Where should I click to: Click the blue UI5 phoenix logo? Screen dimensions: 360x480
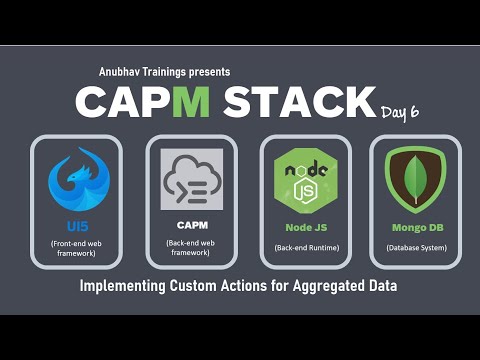coord(76,180)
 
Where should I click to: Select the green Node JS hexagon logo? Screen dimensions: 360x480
coord(306,181)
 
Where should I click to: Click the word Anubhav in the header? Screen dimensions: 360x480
coord(122,72)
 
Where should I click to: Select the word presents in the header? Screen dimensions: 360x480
coord(209,72)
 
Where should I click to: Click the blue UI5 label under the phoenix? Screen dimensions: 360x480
coord(76,227)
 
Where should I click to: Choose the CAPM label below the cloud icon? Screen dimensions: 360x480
coord(191,227)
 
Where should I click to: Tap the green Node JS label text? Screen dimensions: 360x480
coord(306,227)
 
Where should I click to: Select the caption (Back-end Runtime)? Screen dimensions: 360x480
coord(306,247)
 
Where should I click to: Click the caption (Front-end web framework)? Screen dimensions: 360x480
coord(76,250)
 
